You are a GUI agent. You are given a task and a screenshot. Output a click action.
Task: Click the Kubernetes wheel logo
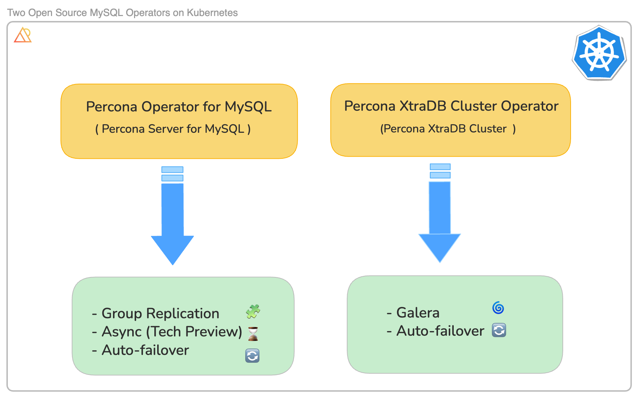coord(600,53)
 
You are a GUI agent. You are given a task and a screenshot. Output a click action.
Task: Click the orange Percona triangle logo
coord(23,35)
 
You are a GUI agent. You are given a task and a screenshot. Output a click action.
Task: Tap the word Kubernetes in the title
coord(212,13)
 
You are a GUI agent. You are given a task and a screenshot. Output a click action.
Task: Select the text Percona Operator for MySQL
coord(179,107)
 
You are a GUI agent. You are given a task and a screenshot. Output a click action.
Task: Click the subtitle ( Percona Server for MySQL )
coord(173,129)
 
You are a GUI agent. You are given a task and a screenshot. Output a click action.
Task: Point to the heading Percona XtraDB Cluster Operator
coord(451,106)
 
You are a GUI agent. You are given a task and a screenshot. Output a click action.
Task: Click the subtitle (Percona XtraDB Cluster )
coord(448,129)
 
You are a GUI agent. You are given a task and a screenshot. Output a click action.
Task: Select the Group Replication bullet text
coord(160,314)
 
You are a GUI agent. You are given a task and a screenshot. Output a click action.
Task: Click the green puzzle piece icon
coord(253,311)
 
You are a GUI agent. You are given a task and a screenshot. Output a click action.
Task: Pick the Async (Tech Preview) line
coord(172,332)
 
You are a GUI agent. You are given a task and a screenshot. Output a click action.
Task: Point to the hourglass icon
coord(253,334)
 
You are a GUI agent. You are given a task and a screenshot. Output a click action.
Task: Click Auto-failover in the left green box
coord(145,350)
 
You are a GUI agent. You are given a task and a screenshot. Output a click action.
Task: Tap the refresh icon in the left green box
coord(252,356)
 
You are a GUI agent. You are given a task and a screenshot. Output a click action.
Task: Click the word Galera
coord(418,313)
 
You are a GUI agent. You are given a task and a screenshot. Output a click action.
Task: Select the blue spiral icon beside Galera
coord(498,308)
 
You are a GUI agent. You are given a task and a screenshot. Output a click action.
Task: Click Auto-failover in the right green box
coord(440,331)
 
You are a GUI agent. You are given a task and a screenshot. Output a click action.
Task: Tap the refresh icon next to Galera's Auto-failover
coord(499,330)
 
